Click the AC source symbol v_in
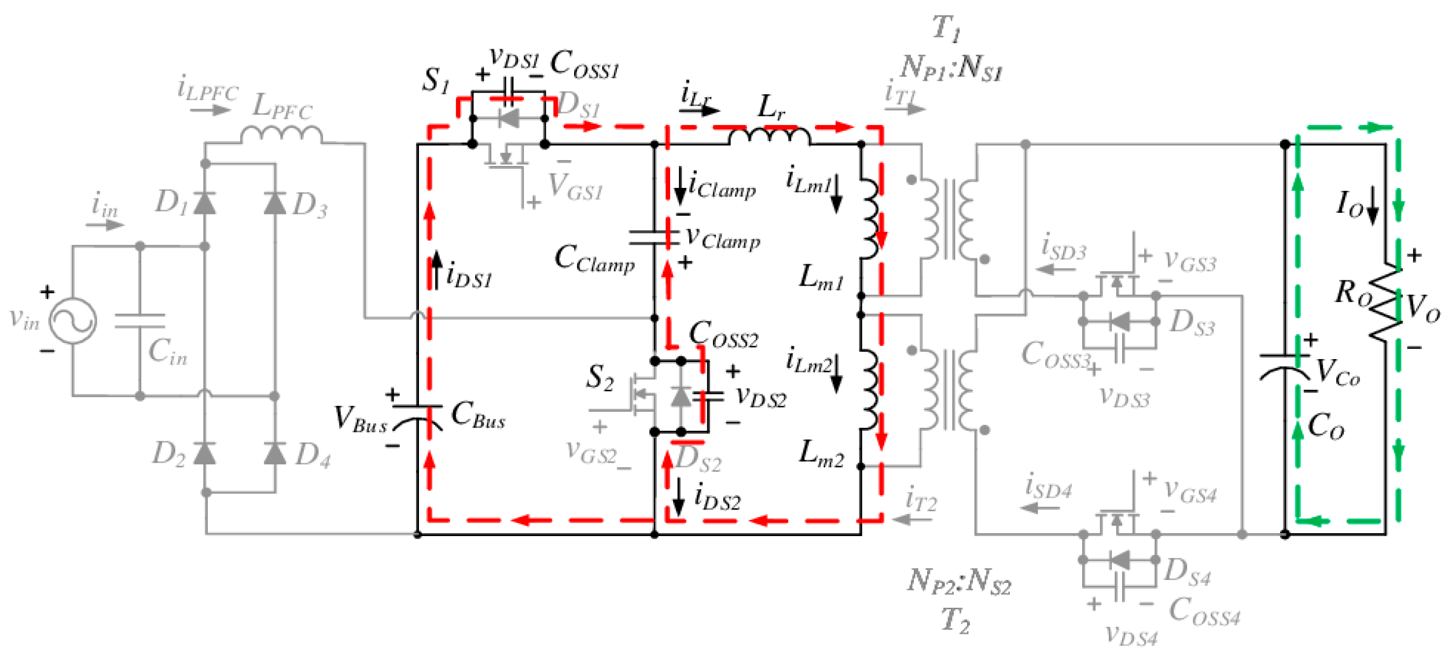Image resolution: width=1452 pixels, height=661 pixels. pos(73,321)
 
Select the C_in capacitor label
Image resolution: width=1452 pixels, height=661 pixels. pos(167,352)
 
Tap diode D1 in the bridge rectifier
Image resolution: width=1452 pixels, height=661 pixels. pos(204,203)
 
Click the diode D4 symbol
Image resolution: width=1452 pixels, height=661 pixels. pos(275,453)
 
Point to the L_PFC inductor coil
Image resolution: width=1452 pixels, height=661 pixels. pos(281,135)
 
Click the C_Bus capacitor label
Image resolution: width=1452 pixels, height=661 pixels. pos(477,415)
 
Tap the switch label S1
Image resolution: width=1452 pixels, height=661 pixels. pos(435,80)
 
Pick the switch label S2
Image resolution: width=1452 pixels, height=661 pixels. pos(600,378)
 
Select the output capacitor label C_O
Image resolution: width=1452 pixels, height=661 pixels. pos(1326,426)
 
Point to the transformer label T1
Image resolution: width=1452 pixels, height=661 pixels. pos(946,28)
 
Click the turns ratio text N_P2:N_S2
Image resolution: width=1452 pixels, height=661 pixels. pos(958,581)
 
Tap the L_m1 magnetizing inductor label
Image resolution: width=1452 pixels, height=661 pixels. pos(821,278)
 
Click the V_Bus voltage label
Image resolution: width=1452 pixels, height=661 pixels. pos(360,419)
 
